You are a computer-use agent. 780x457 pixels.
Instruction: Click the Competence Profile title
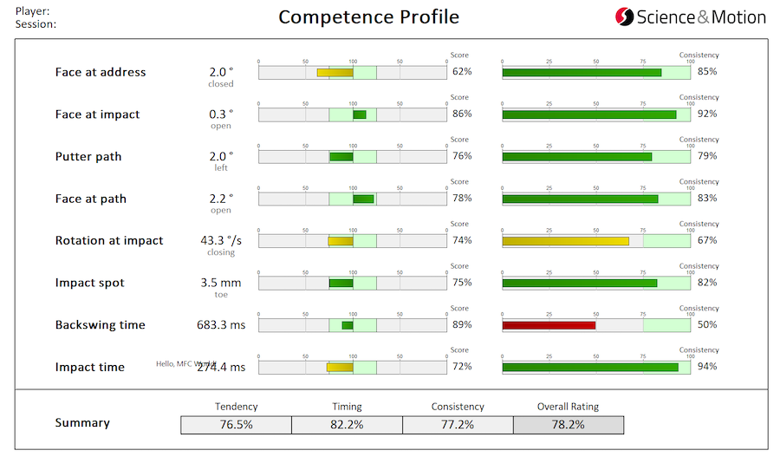[x=368, y=17]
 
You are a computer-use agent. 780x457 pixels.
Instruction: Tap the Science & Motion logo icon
[x=624, y=16]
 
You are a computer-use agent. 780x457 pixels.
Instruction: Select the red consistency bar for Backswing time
[x=549, y=325]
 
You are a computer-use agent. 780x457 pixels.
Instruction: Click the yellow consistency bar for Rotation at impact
[x=565, y=241]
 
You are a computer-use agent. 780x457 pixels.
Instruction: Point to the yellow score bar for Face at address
[x=335, y=73]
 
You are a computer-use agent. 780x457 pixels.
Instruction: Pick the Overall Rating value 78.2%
[x=568, y=425]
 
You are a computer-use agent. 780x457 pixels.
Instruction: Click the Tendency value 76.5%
[x=236, y=425]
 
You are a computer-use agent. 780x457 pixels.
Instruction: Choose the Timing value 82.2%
[x=347, y=425]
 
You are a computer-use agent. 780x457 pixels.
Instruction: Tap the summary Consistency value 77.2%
[x=458, y=425]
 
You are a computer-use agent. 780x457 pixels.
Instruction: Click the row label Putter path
[x=88, y=157]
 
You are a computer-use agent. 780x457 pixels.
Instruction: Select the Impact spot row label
[x=90, y=283]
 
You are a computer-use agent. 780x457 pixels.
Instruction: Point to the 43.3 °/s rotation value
[x=218, y=240]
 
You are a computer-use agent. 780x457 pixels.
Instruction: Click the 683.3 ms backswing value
[x=221, y=325]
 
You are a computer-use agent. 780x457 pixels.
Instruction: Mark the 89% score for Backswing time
[x=462, y=325]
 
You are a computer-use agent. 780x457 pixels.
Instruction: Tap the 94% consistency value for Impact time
[x=707, y=367]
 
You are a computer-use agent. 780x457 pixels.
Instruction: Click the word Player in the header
[x=32, y=11]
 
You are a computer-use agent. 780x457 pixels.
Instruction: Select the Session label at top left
[x=36, y=24]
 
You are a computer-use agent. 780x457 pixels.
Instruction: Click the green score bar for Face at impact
[x=359, y=115]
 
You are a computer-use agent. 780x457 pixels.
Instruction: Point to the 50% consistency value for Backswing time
[x=707, y=325]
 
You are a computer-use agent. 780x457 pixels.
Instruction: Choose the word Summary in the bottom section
[x=82, y=423]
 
